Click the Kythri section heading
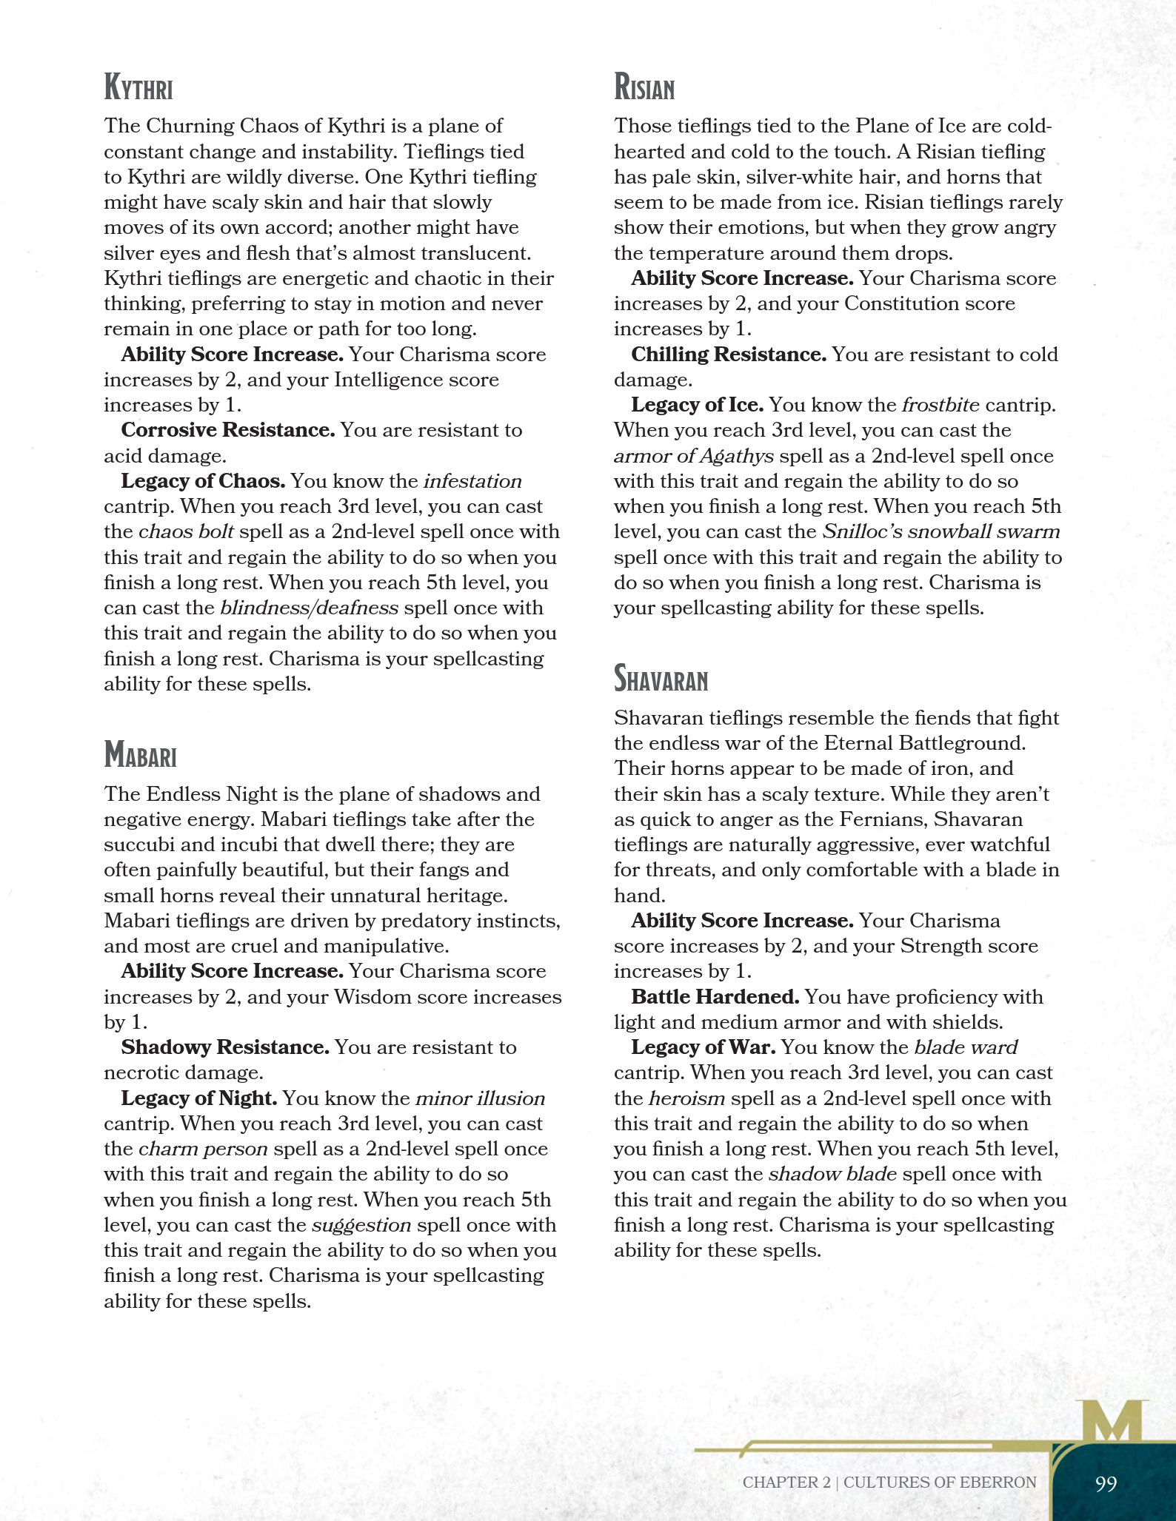coord(138,87)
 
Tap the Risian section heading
coord(644,87)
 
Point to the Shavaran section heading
coord(661,679)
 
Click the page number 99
coord(1105,1483)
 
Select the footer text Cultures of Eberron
coord(940,1483)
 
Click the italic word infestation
coord(472,482)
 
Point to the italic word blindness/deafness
coord(309,608)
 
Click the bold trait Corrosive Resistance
coord(228,431)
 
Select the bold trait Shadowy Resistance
coord(225,1048)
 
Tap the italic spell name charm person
coord(203,1149)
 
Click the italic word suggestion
coord(361,1226)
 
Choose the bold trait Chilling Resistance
coord(729,355)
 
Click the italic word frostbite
coord(940,406)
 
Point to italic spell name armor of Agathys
coord(693,457)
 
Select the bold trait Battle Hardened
coord(715,998)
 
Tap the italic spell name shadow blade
coord(832,1175)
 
